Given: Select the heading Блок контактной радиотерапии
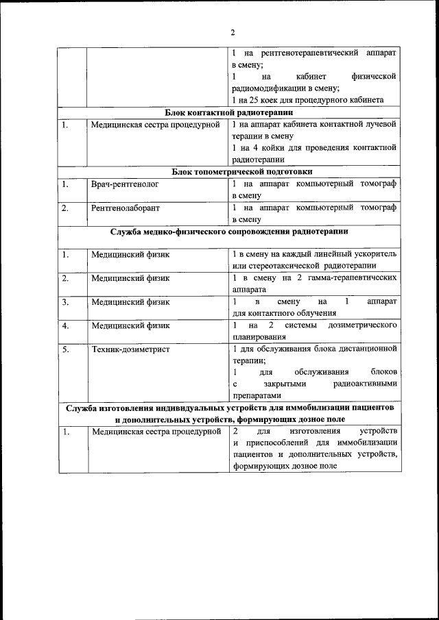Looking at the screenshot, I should [x=228, y=112].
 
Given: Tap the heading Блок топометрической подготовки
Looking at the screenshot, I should [x=228, y=171].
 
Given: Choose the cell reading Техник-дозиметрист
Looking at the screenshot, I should [x=130, y=349].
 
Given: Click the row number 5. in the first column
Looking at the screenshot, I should [x=65, y=349].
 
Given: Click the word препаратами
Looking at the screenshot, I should [x=257, y=396].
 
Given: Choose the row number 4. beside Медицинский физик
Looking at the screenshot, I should [x=65, y=325].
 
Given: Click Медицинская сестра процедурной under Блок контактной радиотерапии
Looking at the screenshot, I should [x=155, y=125].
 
